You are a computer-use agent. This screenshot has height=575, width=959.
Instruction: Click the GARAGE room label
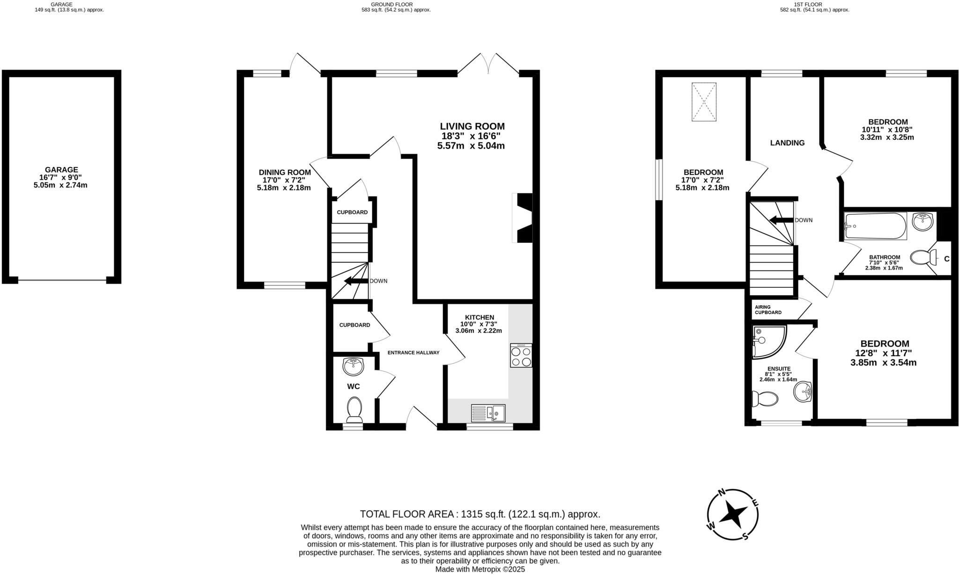61,170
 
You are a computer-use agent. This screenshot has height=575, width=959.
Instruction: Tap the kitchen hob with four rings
521,356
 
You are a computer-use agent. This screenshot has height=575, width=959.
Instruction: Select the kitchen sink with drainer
488,413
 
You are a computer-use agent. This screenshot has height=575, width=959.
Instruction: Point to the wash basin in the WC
353,366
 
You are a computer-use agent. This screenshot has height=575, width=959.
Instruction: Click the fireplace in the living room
523,218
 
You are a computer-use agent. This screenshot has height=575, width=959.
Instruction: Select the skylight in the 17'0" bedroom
704,102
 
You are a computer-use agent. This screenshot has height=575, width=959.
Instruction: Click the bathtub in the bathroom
875,226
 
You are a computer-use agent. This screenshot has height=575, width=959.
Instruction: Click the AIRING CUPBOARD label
768,310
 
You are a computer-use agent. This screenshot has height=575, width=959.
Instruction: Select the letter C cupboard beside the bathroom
946,259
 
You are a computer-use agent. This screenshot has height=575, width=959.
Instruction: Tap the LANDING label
787,143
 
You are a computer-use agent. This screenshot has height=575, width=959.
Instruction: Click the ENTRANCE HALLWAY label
413,352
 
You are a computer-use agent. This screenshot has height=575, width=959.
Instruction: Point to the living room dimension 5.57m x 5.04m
471,146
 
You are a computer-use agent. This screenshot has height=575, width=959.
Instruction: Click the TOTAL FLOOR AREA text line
479,514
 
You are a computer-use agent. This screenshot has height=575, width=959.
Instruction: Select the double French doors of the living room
488,65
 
